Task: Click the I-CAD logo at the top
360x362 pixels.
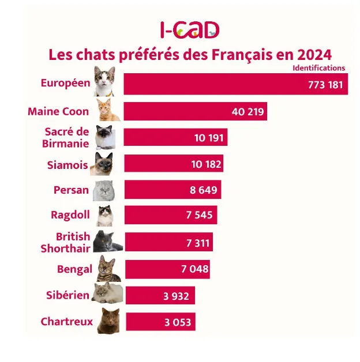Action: pyautogui.click(x=190, y=29)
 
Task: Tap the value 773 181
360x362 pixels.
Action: pyautogui.click(x=325, y=85)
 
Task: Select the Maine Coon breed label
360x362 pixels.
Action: pyautogui.click(x=58, y=111)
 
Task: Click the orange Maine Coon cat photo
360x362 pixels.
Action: pyautogui.click(x=107, y=110)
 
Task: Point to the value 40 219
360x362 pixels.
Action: pyautogui.click(x=247, y=111)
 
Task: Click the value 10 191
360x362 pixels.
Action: pyautogui.click(x=209, y=138)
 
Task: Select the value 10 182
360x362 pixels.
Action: pyautogui.click(x=206, y=164)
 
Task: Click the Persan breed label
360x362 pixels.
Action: pyautogui.click(x=71, y=190)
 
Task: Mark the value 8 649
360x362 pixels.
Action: pyautogui.click(x=204, y=190)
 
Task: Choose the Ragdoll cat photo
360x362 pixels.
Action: pyautogui.click(x=107, y=216)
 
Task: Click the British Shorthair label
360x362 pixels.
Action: pyautogui.click(x=65, y=242)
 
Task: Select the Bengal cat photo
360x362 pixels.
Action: pyautogui.click(x=106, y=269)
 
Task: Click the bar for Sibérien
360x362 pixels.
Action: pyautogui.click(x=160, y=296)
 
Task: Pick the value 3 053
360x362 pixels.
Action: pyautogui.click(x=178, y=322)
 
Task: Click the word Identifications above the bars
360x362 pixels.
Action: pyautogui.click(x=318, y=68)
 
